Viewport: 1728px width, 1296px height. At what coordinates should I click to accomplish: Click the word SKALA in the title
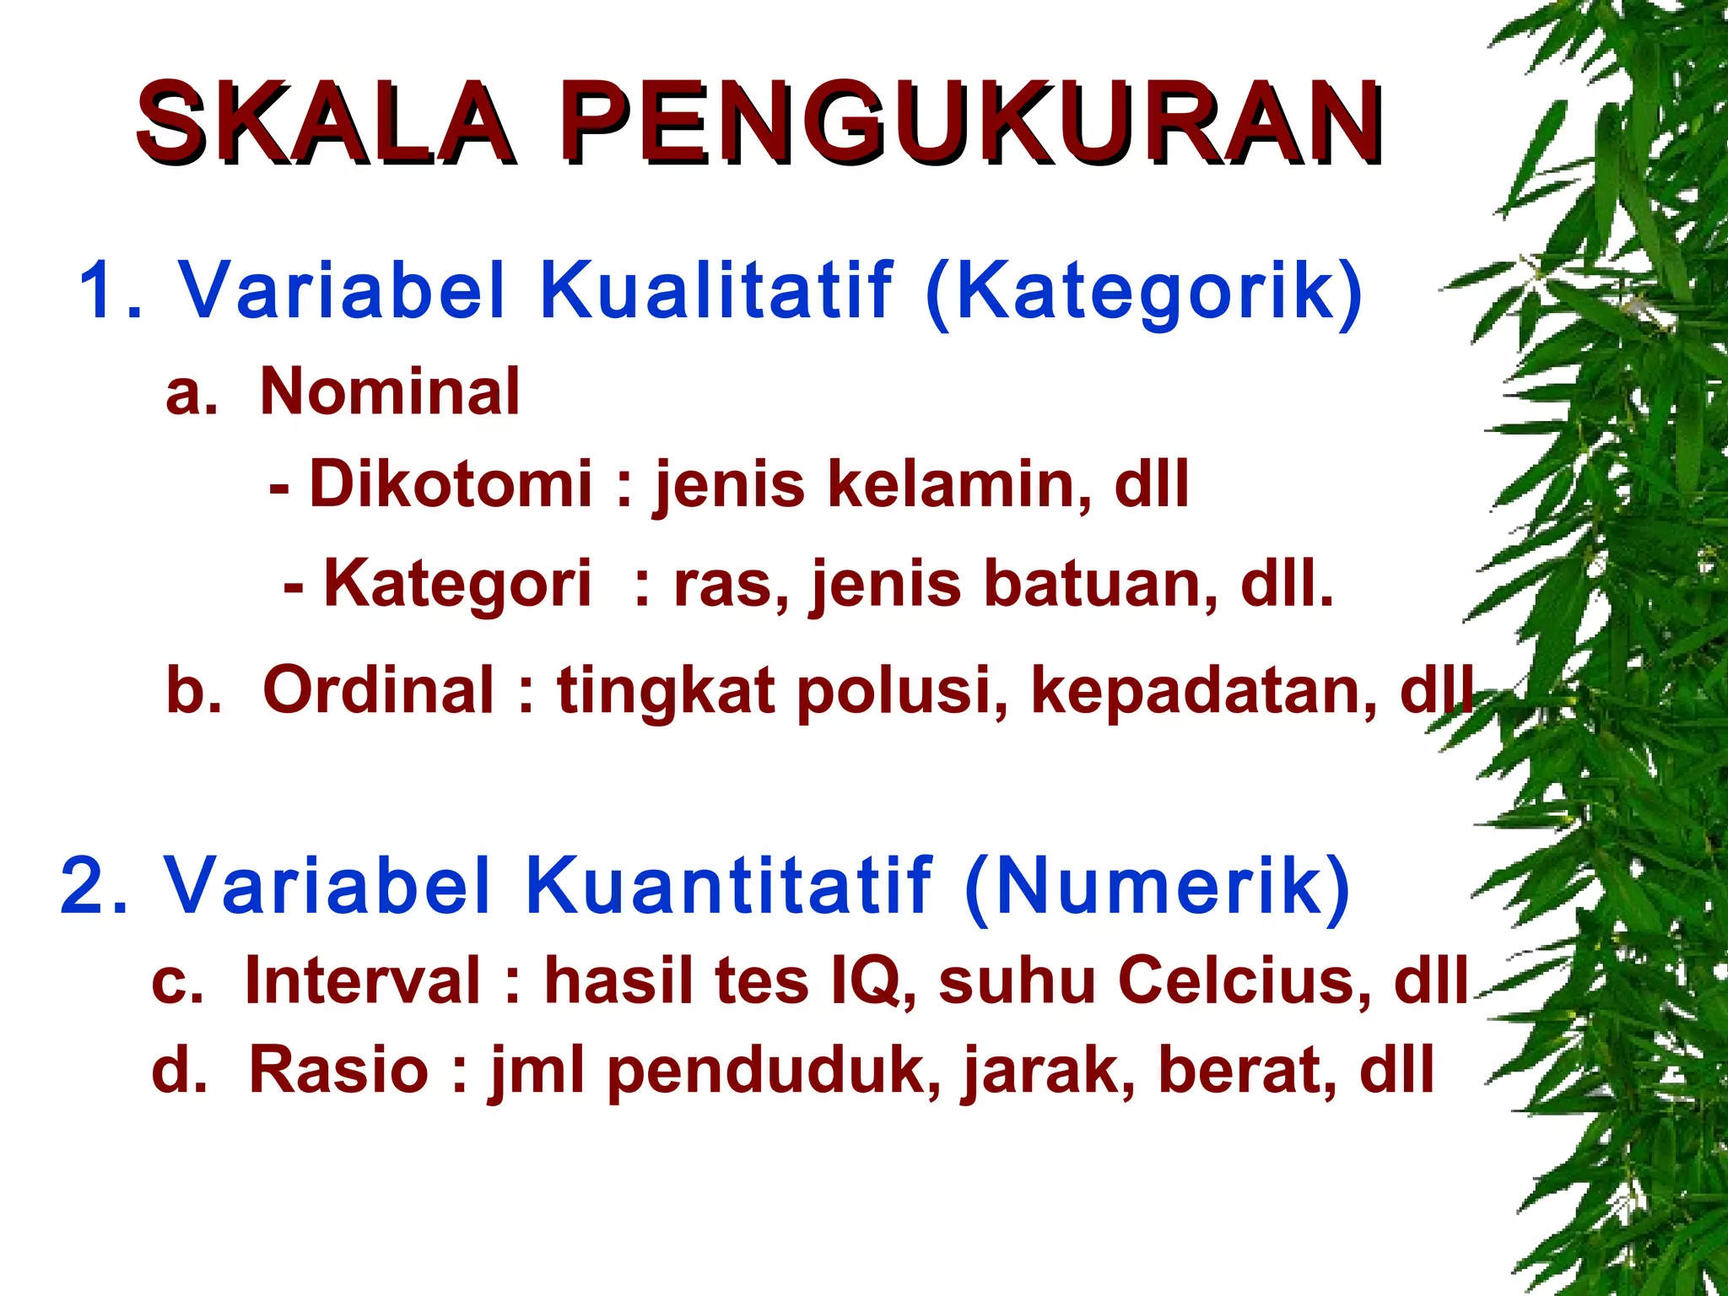pos(325,122)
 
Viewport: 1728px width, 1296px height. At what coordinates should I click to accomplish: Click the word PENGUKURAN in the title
pos(975,122)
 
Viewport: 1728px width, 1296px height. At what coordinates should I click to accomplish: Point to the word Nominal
pos(390,392)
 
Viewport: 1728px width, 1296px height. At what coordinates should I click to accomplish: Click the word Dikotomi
pos(451,484)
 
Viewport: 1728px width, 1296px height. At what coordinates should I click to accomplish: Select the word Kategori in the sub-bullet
pos(457,584)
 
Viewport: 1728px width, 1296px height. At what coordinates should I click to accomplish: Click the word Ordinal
pos(378,690)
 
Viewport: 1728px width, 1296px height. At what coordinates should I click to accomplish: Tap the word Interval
pos(363,981)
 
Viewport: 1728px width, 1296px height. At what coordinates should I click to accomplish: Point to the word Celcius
pos(1245,981)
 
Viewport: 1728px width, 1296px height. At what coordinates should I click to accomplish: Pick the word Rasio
pos(339,1070)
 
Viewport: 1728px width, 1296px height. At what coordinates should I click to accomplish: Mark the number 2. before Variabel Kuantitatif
pos(94,886)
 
